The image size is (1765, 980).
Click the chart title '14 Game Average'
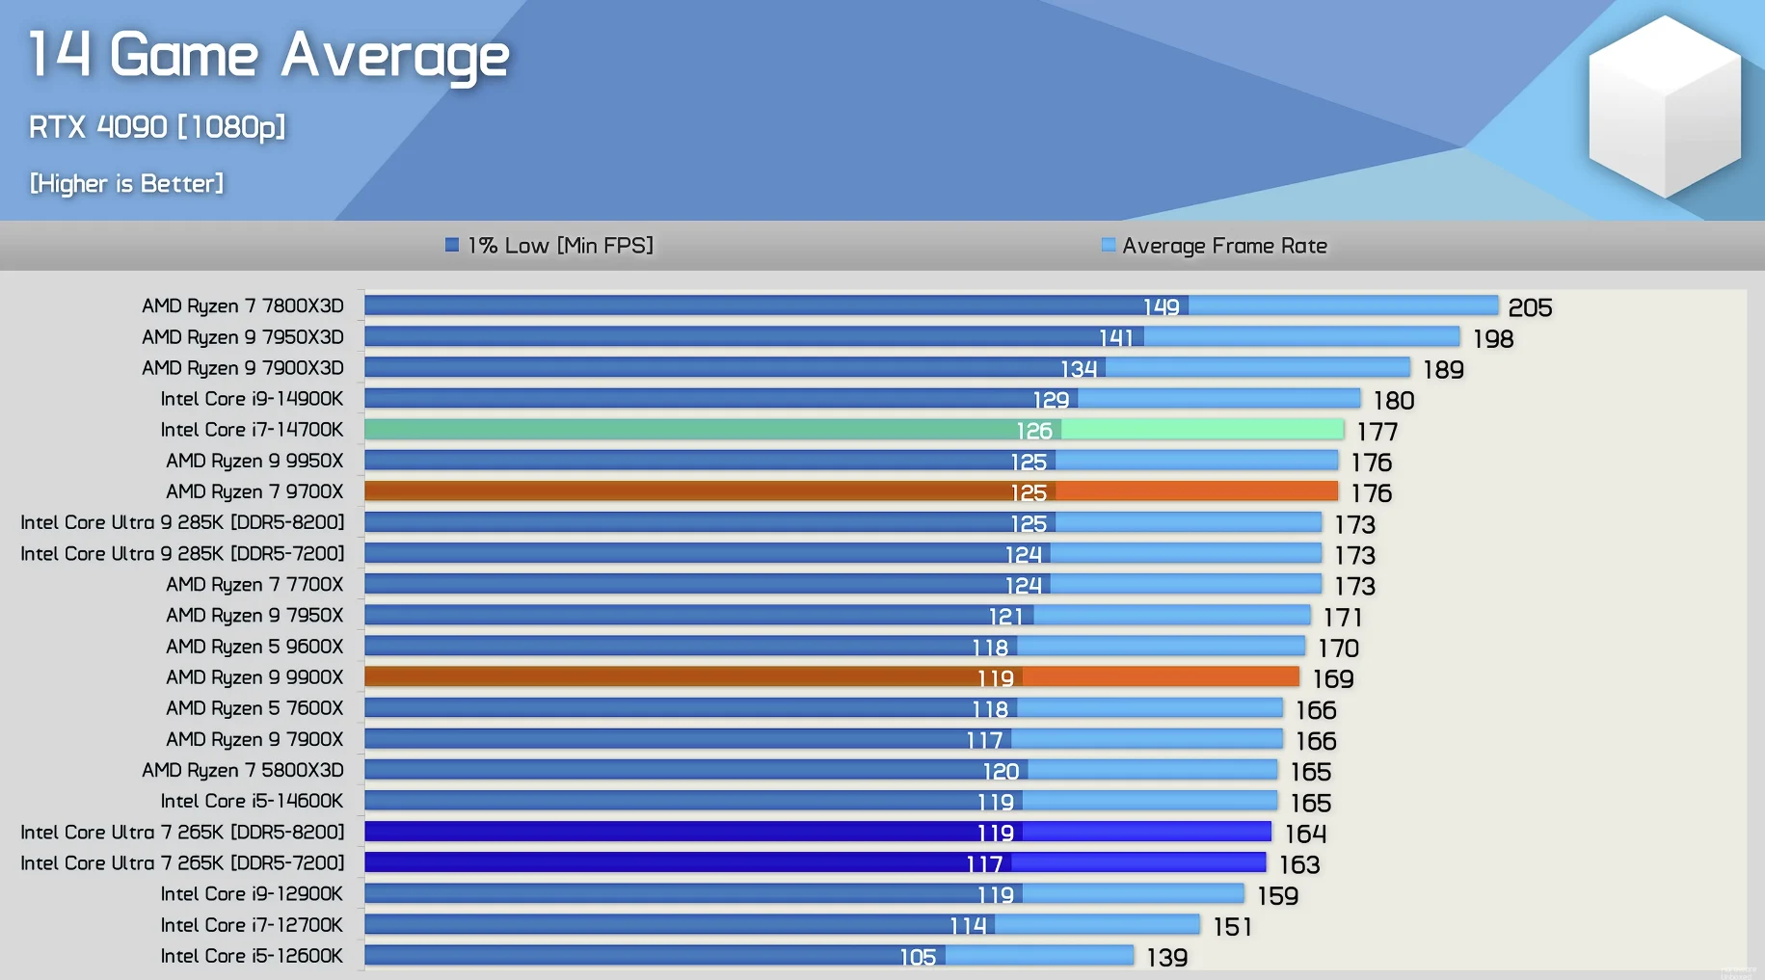(x=268, y=55)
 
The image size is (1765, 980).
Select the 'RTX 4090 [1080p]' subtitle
(x=157, y=127)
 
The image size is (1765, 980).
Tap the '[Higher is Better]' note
(x=126, y=183)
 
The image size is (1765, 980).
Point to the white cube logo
(x=1665, y=106)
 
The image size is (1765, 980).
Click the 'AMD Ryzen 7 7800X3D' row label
(x=243, y=305)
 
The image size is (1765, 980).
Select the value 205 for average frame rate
(x=1530, y=307)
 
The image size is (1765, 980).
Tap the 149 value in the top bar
(x=1161, y=306)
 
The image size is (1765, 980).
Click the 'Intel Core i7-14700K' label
(x=252, y=430)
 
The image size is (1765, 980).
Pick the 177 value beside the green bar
(x=1377, y=432)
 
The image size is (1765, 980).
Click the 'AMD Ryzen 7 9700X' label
(x=254, y=491)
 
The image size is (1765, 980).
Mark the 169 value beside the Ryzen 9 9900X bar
(x=1333, y=679)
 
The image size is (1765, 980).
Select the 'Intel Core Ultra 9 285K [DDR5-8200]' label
(x=182, y=522)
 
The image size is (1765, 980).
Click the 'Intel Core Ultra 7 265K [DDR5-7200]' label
(x=182, y=862)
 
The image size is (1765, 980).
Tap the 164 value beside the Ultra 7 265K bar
(x=1305, y=834)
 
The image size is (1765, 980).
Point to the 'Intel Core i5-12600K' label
(x=252, y=956)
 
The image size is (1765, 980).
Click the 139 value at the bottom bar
(x=1166, y=958)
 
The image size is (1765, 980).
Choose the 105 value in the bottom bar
(x=918, y=957)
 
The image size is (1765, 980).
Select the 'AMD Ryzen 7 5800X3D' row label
(x=243, y=770)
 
